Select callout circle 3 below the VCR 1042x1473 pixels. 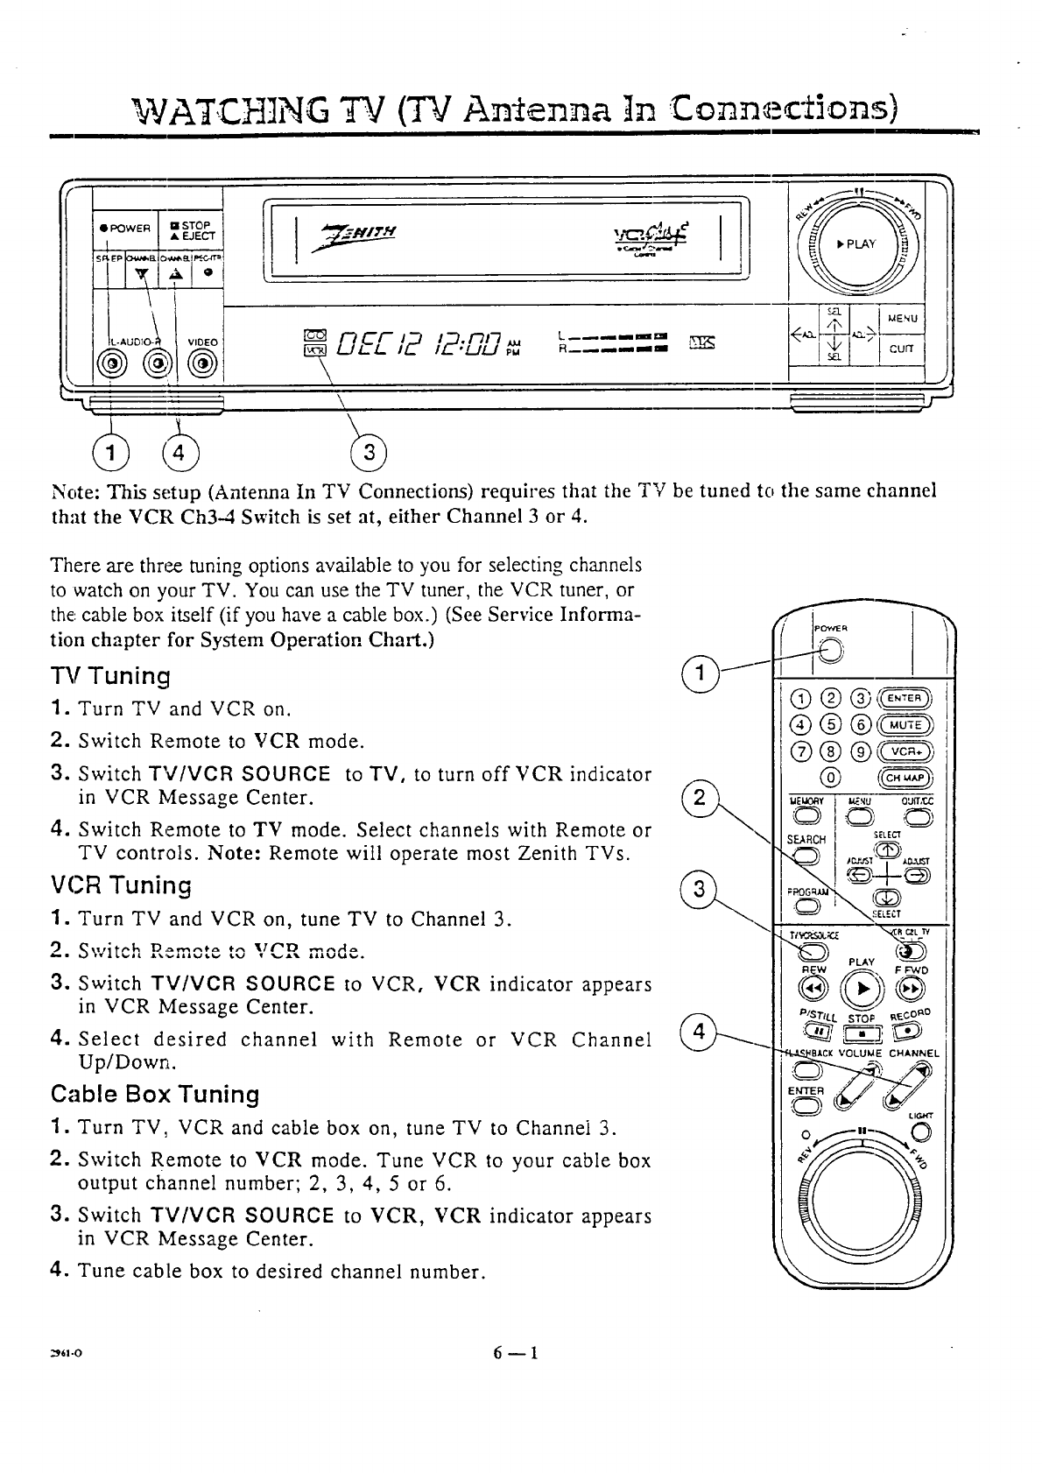(369, 452)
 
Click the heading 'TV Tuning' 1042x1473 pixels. (110, 676)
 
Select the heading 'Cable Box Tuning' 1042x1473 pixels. (155, 1095)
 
